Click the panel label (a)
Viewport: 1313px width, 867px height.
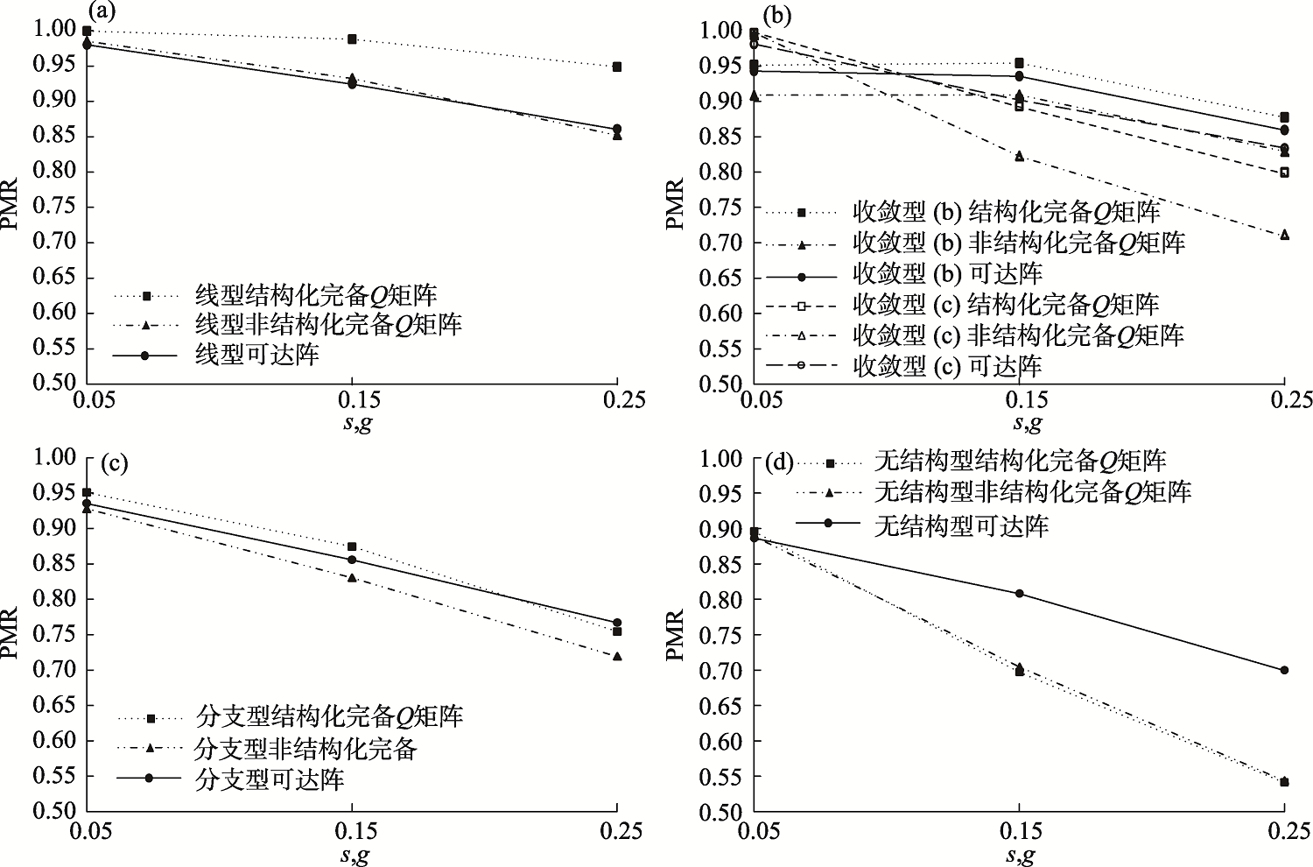pos(102,11)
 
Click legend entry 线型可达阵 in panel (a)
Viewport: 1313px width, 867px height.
pos(256,356)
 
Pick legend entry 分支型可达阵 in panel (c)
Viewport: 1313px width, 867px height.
pos(270,779)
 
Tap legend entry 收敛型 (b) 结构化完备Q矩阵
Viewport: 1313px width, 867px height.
pos(1007,211)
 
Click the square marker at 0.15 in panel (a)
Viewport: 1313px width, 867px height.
pos(352,39)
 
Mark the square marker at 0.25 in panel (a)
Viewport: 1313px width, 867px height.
pos(617,67)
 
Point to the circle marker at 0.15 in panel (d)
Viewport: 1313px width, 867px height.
pos(1019,593)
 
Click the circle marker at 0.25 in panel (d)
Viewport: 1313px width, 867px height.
pos(1284,670)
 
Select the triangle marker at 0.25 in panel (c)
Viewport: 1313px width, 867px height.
pos(617,656)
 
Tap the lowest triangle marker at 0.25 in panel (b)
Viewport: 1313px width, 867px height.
pos(1284,235)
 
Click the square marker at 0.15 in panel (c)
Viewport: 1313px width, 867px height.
pos(352,546)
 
